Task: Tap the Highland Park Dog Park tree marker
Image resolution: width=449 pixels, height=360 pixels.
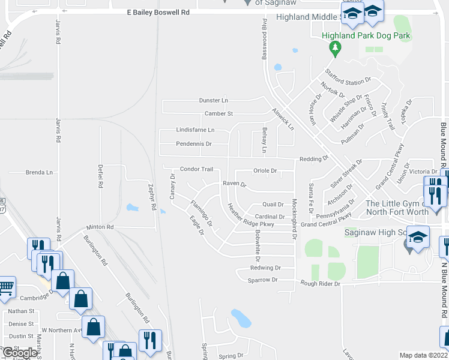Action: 336,47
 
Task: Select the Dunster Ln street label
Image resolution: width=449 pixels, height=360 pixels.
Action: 214,101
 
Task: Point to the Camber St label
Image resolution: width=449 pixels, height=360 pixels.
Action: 218,113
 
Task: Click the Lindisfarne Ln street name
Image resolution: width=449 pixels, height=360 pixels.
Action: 195,130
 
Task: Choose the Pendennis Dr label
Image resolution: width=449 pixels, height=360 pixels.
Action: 194,144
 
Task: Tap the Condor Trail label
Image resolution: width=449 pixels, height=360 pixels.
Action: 197,169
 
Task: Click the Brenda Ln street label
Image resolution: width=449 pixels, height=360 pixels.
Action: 39,172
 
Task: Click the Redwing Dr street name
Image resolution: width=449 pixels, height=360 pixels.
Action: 265,268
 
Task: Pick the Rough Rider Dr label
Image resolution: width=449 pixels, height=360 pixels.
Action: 321,283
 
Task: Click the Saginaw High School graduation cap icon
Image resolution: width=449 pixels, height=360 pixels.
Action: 418,237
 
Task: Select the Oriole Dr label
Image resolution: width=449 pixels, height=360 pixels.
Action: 265,171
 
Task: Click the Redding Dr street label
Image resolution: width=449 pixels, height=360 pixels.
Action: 314,159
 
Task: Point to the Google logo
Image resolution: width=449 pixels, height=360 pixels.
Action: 20,353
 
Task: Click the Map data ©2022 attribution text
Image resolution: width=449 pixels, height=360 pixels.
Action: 423,355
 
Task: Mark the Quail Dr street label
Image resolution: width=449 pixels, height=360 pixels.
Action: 273,205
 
